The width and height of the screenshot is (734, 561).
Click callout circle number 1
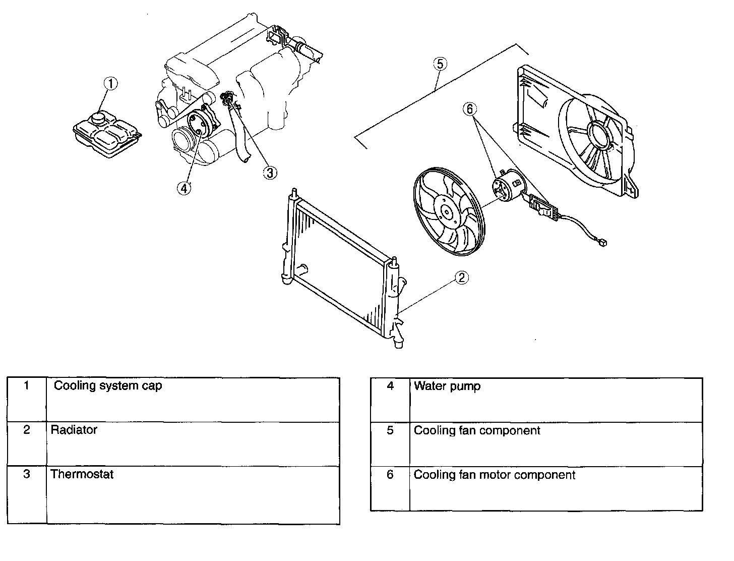(110, 84)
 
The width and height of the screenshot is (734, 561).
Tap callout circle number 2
(462, 277)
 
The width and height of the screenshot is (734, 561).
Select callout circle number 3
(270, 173)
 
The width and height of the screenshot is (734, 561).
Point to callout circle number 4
(185, 188)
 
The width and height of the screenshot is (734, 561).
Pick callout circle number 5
(440, 64)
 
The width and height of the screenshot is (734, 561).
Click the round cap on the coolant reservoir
(98, 119)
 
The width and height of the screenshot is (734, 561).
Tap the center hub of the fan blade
(446, 212)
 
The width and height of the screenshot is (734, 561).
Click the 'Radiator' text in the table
(74, 430)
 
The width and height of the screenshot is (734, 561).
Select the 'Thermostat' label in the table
(82, 474)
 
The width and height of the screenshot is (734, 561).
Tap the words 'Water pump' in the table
(447, 386)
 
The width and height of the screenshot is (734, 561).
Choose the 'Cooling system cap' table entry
(108, 386)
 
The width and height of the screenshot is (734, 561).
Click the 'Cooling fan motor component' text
(494, 475)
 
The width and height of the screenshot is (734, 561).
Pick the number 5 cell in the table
(390, 431)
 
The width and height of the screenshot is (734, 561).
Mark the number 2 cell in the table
(27, 430)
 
